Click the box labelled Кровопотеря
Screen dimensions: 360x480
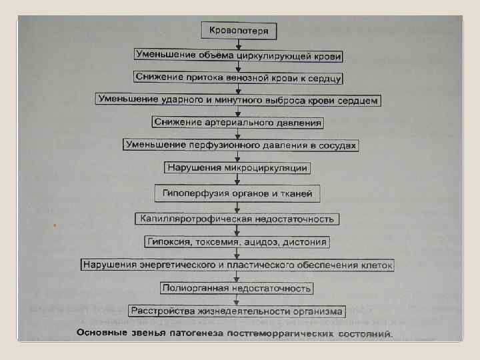pyautogui.click(x=239, y=31)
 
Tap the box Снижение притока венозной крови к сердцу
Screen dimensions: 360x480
pyautogui.click(x=239, y=77)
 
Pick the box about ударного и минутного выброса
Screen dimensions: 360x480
pyautogui.click(x=239, y=100)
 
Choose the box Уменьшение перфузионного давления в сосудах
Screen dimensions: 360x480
pyautogui.click(x=241, y=145)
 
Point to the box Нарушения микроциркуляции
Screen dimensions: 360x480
pyautogui.click(x=237, y=167)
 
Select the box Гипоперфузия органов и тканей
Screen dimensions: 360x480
pyautogui.click(x=238, y=195)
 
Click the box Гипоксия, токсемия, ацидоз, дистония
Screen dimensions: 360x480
pyautogui.click(x=238, y=241)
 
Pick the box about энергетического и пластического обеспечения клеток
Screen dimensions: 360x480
pyautogui.click(x=238, y=265)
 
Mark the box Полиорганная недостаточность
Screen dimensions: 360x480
pyautogui.click(x=237, y=289)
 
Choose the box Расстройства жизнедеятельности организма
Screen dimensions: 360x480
pyautogui.click(x=237, y=311)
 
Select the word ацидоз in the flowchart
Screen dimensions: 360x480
pyautogui.click(x=264, y=241)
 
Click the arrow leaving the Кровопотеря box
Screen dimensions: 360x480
pyautogui.click(x=239, y=43)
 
